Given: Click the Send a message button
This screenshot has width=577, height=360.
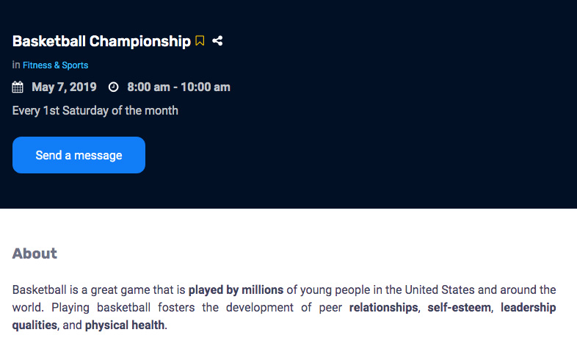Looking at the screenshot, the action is coord(79,155).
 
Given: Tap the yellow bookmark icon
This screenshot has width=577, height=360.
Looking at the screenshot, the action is coord(200,40).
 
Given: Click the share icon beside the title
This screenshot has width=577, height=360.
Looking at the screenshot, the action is coord(217,40).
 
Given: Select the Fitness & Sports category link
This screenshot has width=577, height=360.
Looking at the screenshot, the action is coord(56,65).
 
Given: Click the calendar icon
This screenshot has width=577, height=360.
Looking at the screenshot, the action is coord(18,87).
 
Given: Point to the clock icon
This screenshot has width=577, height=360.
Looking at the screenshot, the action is coord(113,87).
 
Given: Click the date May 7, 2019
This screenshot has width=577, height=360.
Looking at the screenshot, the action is coord(64,87).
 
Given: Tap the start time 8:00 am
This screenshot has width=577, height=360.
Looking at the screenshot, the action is coord(149,87).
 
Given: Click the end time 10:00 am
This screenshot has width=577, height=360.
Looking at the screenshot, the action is coord(206,87).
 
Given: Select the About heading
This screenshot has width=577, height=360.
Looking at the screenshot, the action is coord(35,253).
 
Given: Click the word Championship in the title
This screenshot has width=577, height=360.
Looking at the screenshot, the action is coord(140,42).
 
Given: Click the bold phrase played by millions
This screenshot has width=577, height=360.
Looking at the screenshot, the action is coord(236,290).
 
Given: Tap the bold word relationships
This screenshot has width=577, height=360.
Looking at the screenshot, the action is coord(383,307).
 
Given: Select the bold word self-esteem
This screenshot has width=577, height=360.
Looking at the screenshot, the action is coord(460,307).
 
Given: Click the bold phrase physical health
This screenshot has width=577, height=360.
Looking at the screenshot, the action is coord(125,325).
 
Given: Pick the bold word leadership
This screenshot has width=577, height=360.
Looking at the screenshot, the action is coord(529,307).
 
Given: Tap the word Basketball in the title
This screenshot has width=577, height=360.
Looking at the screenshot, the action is coord(49,41).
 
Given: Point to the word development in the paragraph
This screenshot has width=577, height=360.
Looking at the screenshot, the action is coord(260,307).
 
